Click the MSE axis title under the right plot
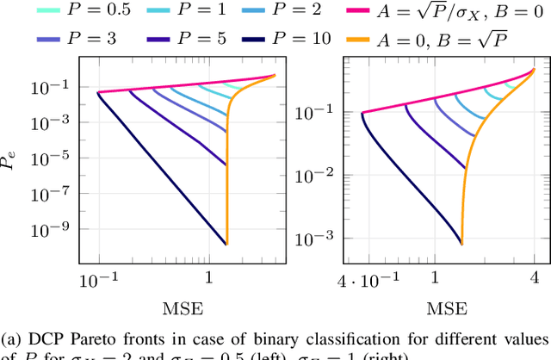447,307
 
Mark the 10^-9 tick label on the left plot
54,230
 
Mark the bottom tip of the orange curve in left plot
226,244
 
